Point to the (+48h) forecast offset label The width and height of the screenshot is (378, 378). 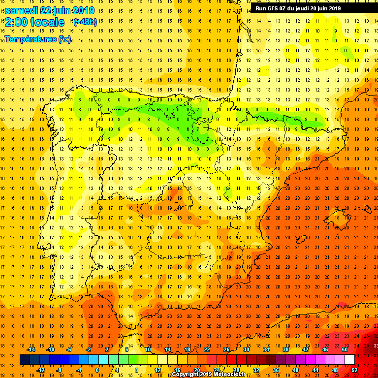click(x=85, y=22)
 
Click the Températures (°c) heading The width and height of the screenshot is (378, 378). click(x=38, y=39)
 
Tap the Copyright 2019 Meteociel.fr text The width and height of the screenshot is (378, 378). click(x=209, y=375)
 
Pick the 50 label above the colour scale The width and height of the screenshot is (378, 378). click(x=344, y=349)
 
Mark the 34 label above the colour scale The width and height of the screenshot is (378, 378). click(x=266, y=349)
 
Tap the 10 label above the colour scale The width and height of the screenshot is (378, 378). click(x=147, y=349)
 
